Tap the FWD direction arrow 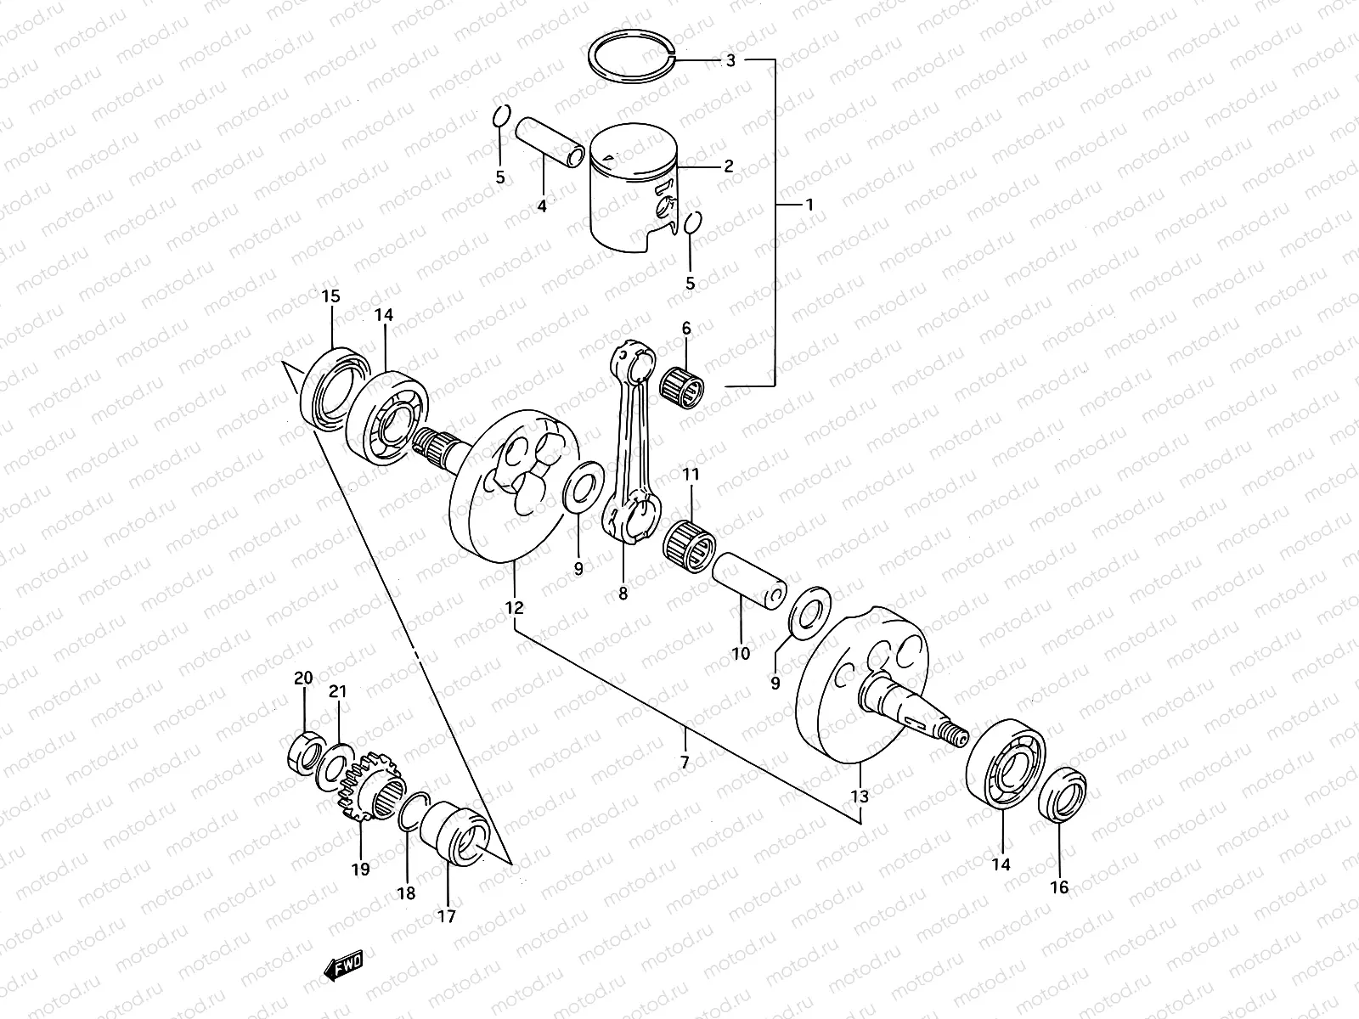(x=343, y=966)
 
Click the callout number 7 (x=685, y=762)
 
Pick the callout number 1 (x=809, y=205)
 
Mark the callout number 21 (x=338, y=692)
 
